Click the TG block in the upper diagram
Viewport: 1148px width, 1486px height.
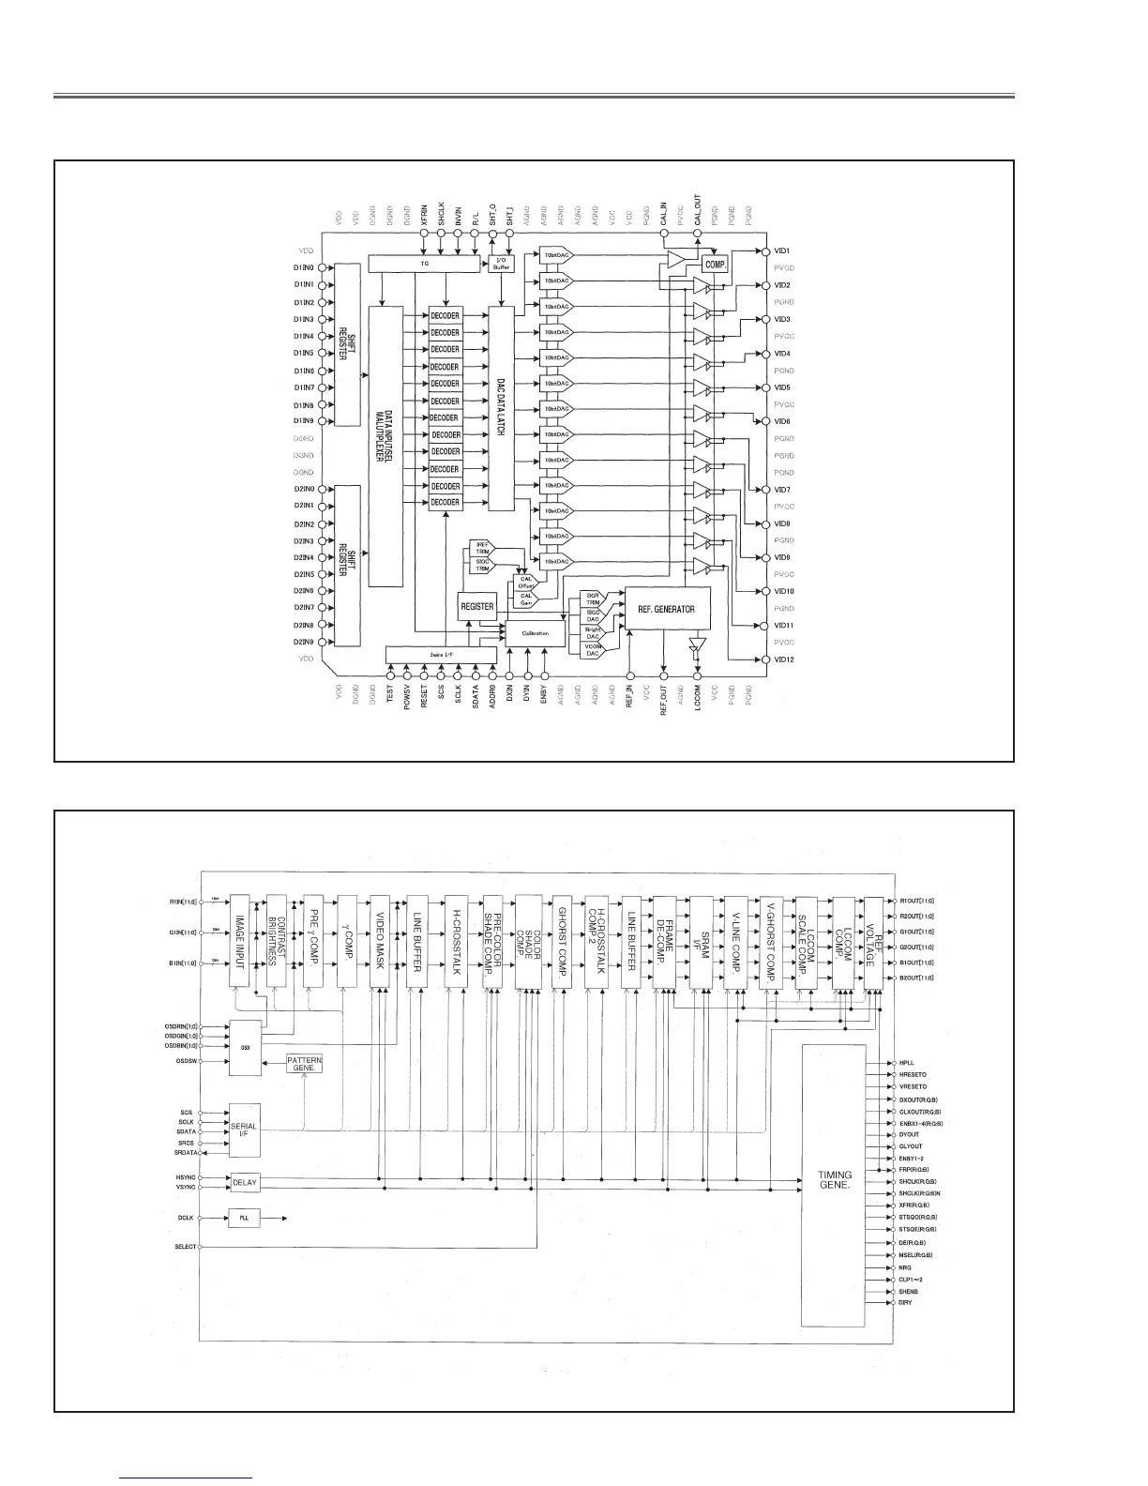coord(425,265)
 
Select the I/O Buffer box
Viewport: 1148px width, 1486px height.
coord(502,265)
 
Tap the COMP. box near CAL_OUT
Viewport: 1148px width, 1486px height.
coord(716,265)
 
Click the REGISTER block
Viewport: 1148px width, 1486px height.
coord(477,607)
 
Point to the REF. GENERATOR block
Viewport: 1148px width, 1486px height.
coord(666,609)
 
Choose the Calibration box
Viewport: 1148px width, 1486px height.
coord(536,633)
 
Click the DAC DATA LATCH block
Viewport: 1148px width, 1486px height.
coord(501,408)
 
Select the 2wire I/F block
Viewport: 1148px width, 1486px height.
coord(441,653)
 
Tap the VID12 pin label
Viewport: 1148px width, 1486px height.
coord(782,660)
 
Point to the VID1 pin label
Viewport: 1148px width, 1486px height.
coord(782,250)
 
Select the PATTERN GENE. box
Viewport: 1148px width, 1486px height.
coord(304,1064)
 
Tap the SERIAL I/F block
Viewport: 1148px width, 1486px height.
coord(244,1130)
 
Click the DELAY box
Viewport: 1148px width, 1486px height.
coord(244,1182)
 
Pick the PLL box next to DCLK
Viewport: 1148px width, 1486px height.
coord(244,1219)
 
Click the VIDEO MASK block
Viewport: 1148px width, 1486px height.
coord(380,940)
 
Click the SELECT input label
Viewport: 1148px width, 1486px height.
coord(185,1248)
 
